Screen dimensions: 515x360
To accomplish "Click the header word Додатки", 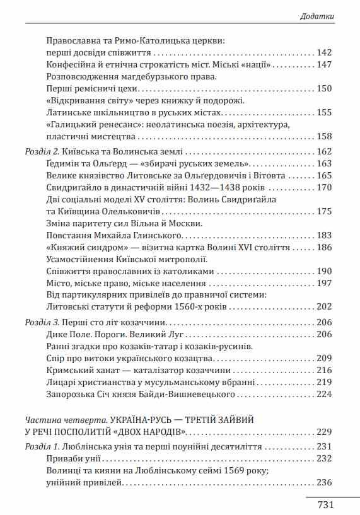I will click(x=316, y=16).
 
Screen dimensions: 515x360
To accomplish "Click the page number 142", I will click(x=324, y=52).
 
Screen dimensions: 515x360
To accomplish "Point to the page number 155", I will click(x=324, y=112).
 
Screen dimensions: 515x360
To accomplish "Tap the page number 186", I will click(x=324, y=247).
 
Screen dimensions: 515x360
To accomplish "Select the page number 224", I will click(x=324, y=395).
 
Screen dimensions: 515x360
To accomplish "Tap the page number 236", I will click(x=324, y=483).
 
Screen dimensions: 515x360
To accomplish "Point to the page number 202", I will click(x=324, y=307).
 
